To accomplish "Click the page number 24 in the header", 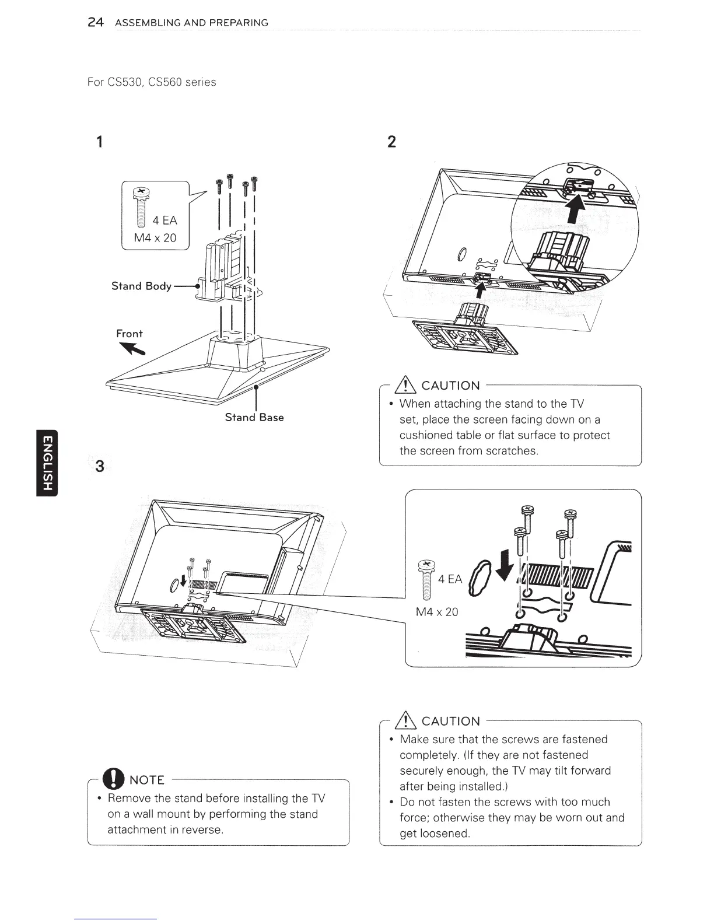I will [x=95, y=23].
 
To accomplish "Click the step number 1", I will [x=100, y=142].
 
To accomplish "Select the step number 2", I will [x=391, y=142].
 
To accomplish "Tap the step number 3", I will [x=100, y=467].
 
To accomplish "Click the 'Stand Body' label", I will [x=141, y=286].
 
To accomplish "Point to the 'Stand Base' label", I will [x=254, y=418].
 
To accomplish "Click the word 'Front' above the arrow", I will [x=129, y=334].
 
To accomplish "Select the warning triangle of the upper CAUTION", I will [x=406, y=386].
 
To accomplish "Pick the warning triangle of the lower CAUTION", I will [x=406, y=721].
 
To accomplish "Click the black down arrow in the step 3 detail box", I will [x=510, y=563].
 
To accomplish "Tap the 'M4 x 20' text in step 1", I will [x=155, y=238].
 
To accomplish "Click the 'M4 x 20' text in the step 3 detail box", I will [x=437, y=612].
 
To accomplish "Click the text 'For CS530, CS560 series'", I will [x=151, y=82].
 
